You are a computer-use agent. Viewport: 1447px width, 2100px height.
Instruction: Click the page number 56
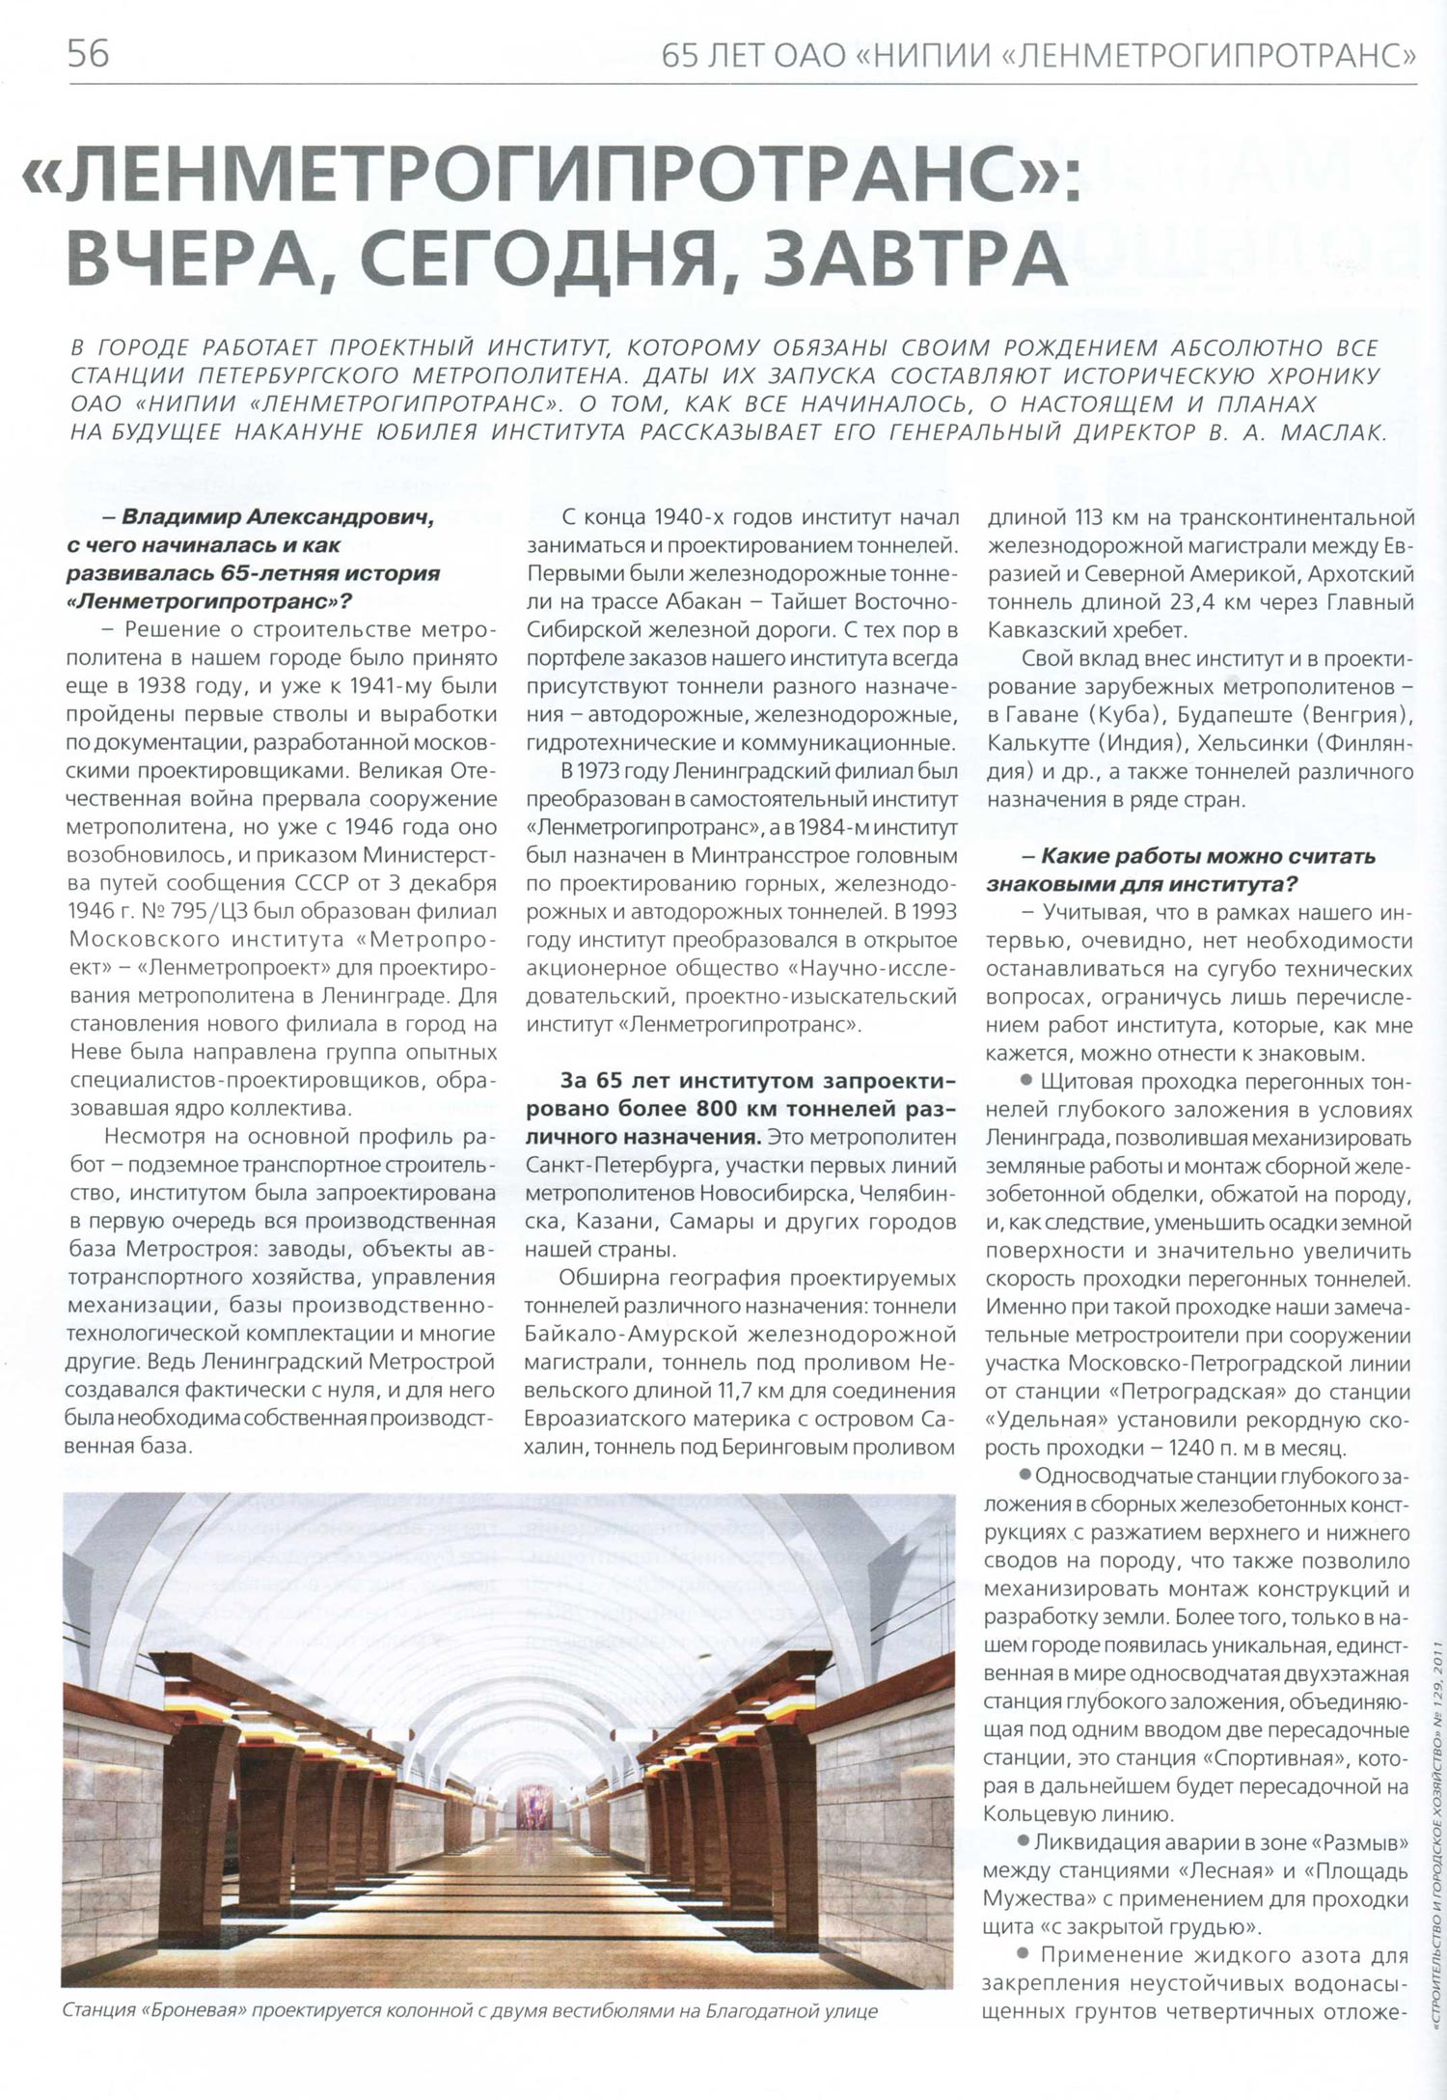(88, 53)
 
